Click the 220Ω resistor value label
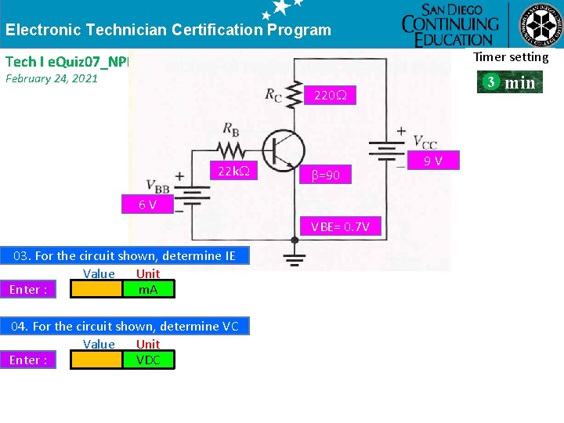331,96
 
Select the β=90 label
326,175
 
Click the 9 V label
433,161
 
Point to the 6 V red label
146,204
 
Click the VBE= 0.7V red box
345,227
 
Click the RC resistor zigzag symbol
294,95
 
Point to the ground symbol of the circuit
295,258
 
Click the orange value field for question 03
97,290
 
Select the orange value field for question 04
97,360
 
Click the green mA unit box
149,290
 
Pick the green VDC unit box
149,360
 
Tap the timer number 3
489,81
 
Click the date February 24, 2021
52,78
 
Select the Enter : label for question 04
28,360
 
